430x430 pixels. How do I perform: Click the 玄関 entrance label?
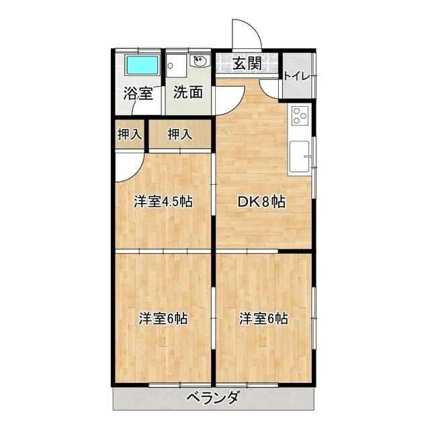pyautogui.click(x=247, y=64)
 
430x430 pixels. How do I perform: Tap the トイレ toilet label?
pyautogui.click(x=296, y=75)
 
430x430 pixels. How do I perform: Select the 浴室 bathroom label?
pyautogui.click(x=137, y=93)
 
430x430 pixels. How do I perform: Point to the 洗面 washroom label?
pyautogui.click(x=188, y=93)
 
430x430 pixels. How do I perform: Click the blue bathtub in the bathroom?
pyautogui.click(x=142, y=66)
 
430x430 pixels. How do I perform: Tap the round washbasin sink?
pyautogui.click(x=201, y=64)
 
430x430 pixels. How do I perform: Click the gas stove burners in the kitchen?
pyautogui.click(x=299, y=116)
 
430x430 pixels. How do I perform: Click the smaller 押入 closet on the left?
pyautogui.click(x=129, y=134)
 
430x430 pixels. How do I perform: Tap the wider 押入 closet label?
pyautogui.click(x=179, y=134)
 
